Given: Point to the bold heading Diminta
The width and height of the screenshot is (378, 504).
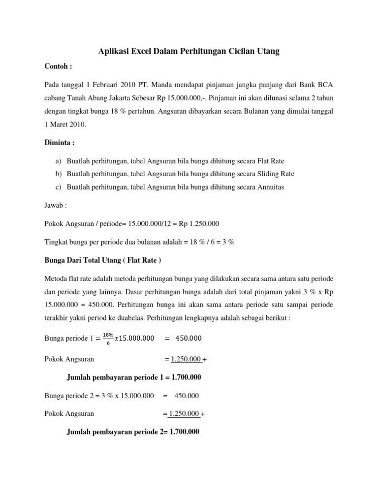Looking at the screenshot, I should pyautogui.click(x=60, y=143).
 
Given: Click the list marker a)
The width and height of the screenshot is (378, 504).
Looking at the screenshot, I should pyautogui.click(x=59, y=161).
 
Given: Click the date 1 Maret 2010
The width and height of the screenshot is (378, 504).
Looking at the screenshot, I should pyautogui.click(x=65, y=125).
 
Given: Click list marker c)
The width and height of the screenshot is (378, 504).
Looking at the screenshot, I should pyautogui.click(x=59, y=187).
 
